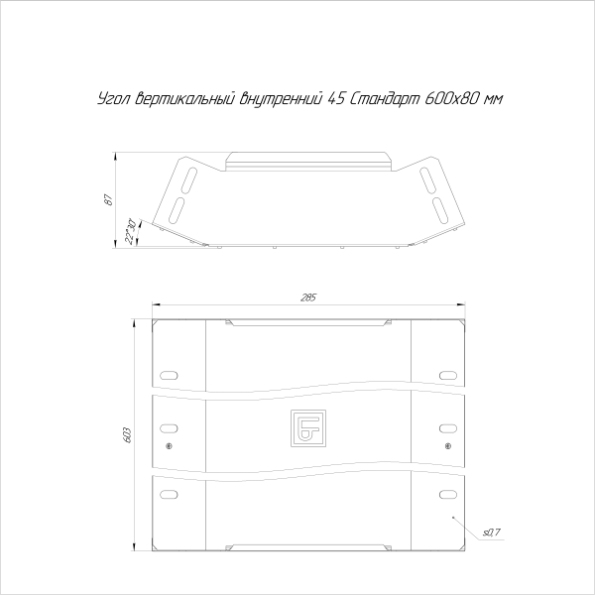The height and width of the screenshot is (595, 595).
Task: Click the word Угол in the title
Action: (114, 99)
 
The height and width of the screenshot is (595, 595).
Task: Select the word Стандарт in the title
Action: (383, 99)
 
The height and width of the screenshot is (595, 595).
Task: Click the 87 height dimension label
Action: (108, 199)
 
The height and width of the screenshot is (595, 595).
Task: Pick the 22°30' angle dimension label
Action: (130, 231)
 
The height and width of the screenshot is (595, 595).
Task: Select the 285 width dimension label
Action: (308, 297)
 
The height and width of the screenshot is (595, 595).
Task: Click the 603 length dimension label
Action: (127, 435)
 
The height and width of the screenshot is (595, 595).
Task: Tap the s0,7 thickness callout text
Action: (492, 533)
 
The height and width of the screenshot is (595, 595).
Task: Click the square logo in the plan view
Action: (308, 428)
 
